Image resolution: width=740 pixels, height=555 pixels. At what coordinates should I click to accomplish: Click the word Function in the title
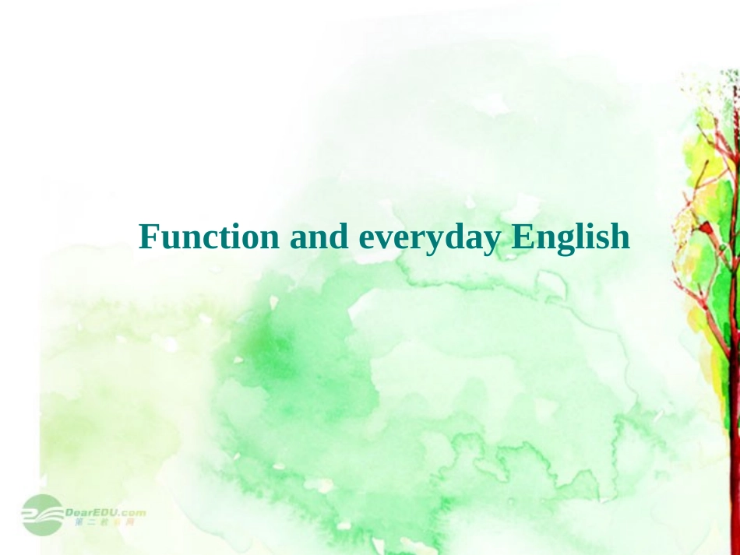coord(209,236)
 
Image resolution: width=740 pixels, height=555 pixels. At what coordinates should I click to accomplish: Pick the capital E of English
coord(520,236)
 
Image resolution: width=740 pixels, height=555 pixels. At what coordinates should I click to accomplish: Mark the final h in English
coord(619,236)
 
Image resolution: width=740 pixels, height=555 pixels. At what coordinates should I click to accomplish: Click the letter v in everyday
coord(386,238)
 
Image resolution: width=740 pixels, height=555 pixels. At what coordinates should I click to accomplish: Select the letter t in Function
coord(217,237)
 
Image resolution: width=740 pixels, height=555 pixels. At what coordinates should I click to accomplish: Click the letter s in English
coord(600,238)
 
